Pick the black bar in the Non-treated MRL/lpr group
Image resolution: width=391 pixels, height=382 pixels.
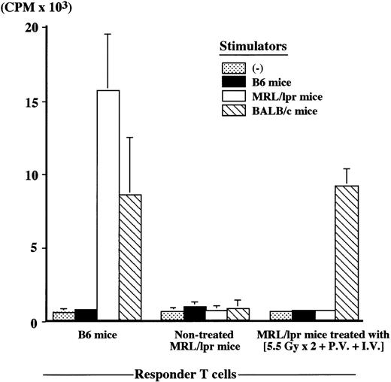tap(195, 314)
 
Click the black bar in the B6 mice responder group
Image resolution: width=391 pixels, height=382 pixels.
tap(86, 315)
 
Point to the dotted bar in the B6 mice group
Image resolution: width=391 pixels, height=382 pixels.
tap(63, 316)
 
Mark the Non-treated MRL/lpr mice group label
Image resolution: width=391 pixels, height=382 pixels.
tap(195, 340)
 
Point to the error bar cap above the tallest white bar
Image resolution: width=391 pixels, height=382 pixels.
tap(108, 34)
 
